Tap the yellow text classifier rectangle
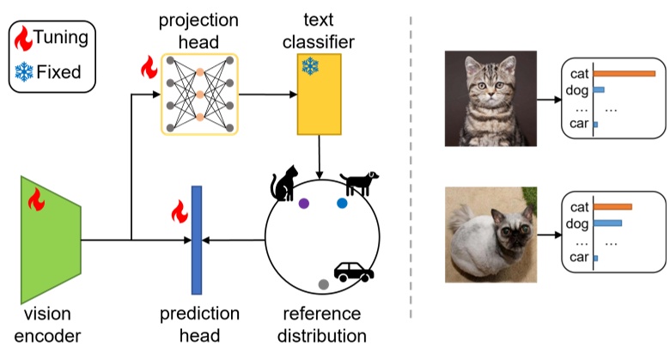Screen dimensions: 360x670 pos(320,95)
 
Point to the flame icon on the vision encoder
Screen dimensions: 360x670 pos(37,200)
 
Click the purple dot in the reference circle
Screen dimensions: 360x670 pos(303,204)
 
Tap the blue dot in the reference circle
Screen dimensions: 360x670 pos(342,204)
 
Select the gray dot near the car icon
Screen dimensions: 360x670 pos(323,284)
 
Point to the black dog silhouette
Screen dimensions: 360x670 pos(357,182)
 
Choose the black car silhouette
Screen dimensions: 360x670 pos(353,272)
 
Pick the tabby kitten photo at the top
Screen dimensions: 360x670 pos(490,98)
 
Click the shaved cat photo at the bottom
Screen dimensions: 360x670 pos(490,235)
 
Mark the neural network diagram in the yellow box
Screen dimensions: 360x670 pos(198,94)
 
